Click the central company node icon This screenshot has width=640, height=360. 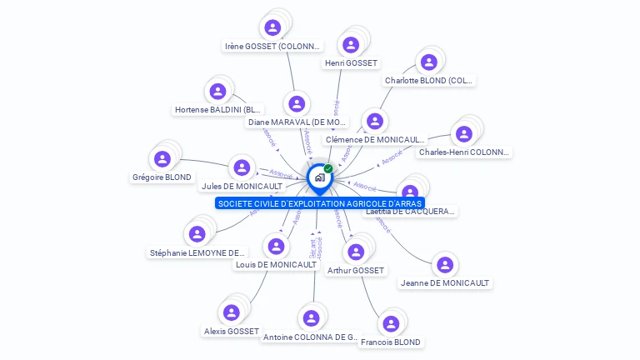319,177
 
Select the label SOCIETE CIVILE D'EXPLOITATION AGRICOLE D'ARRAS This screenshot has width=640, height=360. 320,203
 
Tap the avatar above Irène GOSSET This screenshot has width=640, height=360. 272,27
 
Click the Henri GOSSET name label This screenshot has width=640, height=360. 351,63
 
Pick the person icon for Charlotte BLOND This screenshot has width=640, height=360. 428,62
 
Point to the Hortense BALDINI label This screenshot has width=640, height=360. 218,109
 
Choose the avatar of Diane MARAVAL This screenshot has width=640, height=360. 295,104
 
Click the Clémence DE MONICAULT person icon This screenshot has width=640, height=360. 375,122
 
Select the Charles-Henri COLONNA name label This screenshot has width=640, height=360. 464,152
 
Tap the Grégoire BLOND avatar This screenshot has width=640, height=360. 162,158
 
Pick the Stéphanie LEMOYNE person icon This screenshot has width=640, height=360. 197,234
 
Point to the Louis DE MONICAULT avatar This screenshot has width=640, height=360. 276,246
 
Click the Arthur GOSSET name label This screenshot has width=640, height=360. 356,270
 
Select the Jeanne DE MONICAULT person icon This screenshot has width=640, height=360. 445,265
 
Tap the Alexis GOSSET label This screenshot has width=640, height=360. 232,331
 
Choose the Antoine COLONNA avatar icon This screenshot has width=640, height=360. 311,317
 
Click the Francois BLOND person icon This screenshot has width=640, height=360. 389,324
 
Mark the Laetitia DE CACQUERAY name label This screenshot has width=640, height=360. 411,211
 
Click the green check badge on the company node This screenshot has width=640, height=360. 328,168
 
